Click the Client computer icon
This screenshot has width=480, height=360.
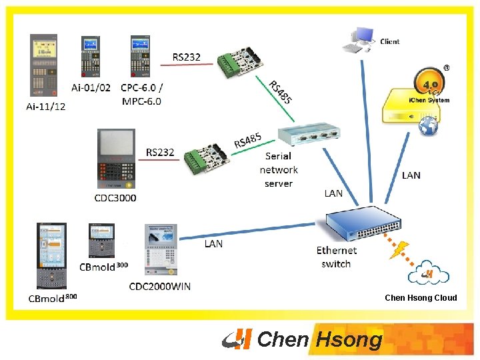pos(358,40)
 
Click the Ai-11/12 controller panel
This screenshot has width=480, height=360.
pos(45,66)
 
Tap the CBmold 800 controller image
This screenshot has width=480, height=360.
pos(52,257)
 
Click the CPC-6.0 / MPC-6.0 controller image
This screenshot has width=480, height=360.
pos(141,57)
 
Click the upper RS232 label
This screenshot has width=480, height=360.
pos(186,57)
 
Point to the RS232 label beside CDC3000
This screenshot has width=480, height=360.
pos(160,153)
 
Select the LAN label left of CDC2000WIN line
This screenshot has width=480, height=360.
pos(213,244)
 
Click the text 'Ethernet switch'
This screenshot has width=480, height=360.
pos(337,257)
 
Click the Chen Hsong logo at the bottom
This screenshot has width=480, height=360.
pos(303,339)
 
